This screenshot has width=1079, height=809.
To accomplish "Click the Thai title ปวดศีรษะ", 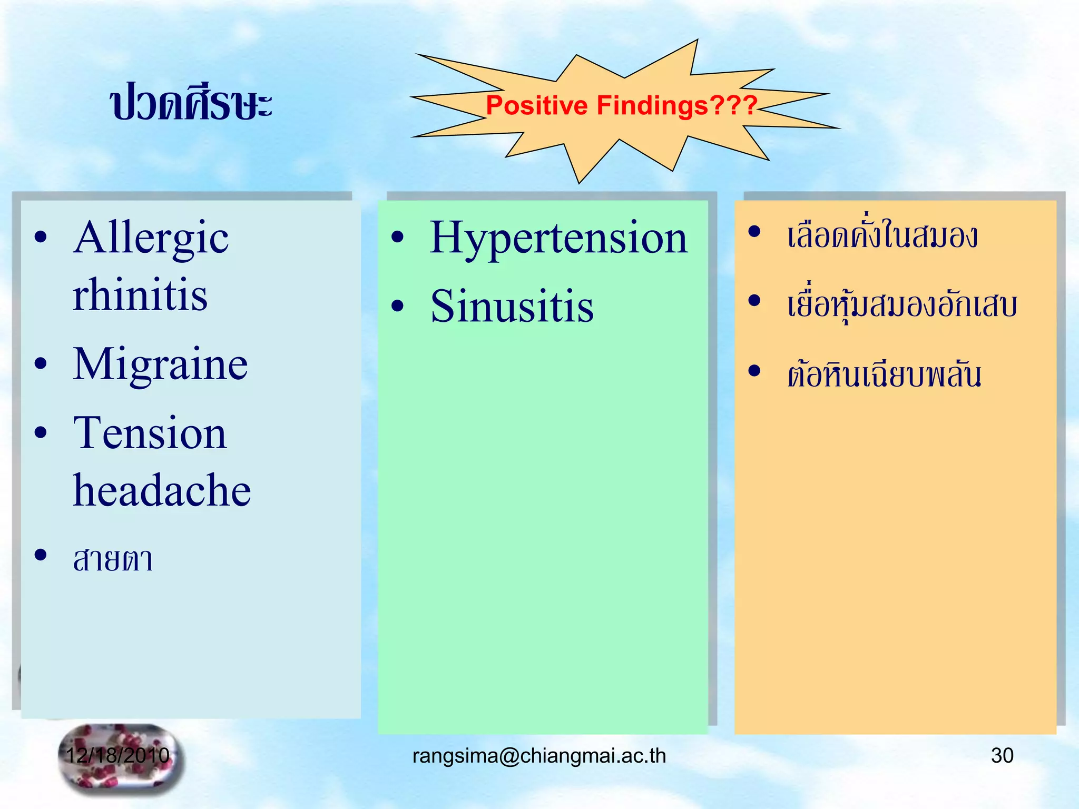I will [191, 103].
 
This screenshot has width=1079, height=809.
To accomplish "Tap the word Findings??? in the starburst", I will [676, 105].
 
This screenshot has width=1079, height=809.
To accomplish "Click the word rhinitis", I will [140, 295].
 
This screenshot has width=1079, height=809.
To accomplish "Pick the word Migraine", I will [160, 364].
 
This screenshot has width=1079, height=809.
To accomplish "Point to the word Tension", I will [150, 433].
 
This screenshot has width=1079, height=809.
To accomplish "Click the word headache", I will [162, 490].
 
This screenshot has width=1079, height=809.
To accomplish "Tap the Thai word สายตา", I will [113, 559].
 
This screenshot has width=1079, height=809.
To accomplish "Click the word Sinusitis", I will [512, 307].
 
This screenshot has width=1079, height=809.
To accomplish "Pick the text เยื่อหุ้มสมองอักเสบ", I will [901, 305].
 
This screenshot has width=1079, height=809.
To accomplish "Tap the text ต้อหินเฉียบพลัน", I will [884, 374].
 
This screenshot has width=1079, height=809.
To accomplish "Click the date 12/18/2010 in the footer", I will [117, 755].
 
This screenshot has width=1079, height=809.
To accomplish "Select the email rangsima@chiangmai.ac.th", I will [539, 756].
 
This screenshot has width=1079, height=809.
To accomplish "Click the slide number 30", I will [1002, 755].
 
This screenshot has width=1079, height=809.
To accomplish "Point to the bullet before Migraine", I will [41, 363].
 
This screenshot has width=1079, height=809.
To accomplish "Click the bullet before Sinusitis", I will [398, 306].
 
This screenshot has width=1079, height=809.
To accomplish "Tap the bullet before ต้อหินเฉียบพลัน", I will [754, 371].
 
